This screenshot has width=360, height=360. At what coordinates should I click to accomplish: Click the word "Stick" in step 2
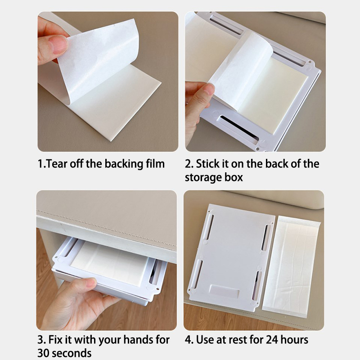[x=208, y=164]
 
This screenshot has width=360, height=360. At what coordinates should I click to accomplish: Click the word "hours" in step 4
[x=294, y=340]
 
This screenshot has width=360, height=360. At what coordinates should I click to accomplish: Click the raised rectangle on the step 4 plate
[x=225, y=292]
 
